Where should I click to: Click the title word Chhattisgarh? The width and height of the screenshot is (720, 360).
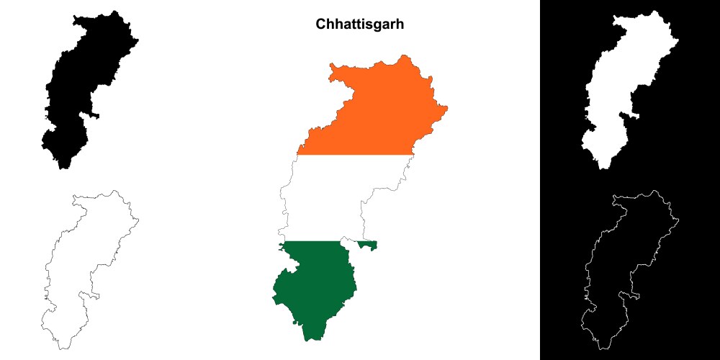(360, 24)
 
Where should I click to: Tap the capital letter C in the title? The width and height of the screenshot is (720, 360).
(321, 24)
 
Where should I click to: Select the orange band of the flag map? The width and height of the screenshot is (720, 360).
(374, 108)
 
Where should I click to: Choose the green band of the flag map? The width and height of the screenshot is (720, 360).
(313, 288)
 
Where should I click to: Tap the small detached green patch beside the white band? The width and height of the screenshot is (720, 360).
(369, 246)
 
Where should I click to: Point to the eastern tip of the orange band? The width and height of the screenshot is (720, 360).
(447, 109)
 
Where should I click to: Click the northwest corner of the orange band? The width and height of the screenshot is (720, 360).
(332, 66)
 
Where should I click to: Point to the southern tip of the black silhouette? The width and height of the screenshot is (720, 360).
(63, 168)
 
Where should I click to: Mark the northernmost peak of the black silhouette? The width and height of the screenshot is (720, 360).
(113, 11)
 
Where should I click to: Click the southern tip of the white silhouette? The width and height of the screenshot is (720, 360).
(603, 168)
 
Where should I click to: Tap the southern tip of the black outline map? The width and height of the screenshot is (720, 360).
(63, 348)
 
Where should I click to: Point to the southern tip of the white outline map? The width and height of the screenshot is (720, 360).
(603, 348)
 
